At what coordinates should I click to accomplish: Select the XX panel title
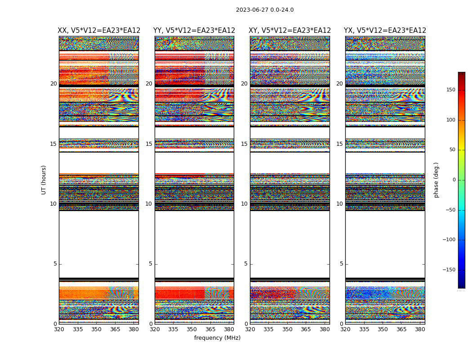(x=99, y=31)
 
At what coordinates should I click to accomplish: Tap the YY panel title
(x=194, y=31)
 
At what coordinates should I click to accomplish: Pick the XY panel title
(x=290, y=31)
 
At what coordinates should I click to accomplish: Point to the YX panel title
(x=385, y=31)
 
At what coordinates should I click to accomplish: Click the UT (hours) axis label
(x=44, y=180)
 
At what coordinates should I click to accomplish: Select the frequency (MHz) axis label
(x=217, y=338)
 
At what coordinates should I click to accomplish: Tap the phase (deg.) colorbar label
(x=436, y=180)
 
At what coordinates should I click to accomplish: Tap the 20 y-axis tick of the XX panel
(x=53, y=84)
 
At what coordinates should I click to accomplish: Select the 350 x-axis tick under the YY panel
(x=192, y=330)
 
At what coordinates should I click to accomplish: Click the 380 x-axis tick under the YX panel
(x=420, y=330)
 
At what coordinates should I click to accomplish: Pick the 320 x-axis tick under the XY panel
(x=250, y=330)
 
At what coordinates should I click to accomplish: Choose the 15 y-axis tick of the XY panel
(x=244, y=144)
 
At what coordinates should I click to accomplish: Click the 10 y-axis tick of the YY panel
(x=149, y=204)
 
